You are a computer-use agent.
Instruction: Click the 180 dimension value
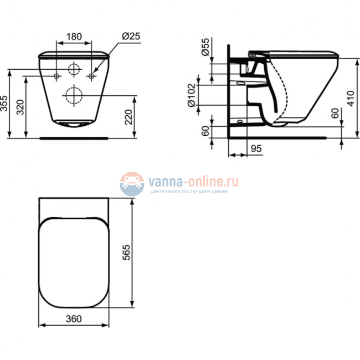[x=74, y=37]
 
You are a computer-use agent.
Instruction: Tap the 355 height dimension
[x=5, y=103]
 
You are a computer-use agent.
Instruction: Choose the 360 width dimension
[x=74, y=318]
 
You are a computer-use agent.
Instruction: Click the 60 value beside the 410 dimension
[x=334, y=114]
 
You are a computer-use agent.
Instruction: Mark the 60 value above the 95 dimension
[x=204, y=132]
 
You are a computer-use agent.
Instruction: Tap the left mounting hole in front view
[x=57, y=75]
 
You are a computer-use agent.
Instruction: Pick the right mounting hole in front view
[x=92, y=75]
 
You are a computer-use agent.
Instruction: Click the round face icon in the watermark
[x=132, y=183]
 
